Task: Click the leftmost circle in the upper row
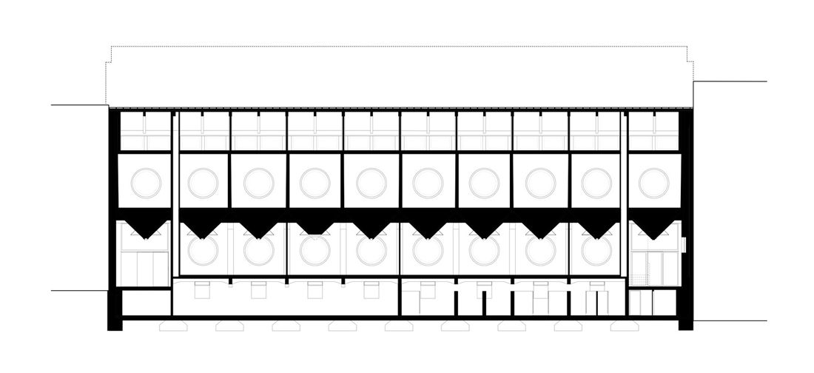coord(146,182)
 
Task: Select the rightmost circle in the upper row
coord(654,182)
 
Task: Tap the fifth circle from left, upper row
coord(371,182)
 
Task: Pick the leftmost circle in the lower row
coord(202,250)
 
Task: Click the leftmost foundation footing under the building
coord(172,326)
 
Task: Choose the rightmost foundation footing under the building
coord(625,326)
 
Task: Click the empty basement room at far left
coord(146,303)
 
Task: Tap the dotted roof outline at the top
coord(400,47)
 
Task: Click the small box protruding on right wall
coord(684,243)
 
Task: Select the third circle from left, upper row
coord(259,182)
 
